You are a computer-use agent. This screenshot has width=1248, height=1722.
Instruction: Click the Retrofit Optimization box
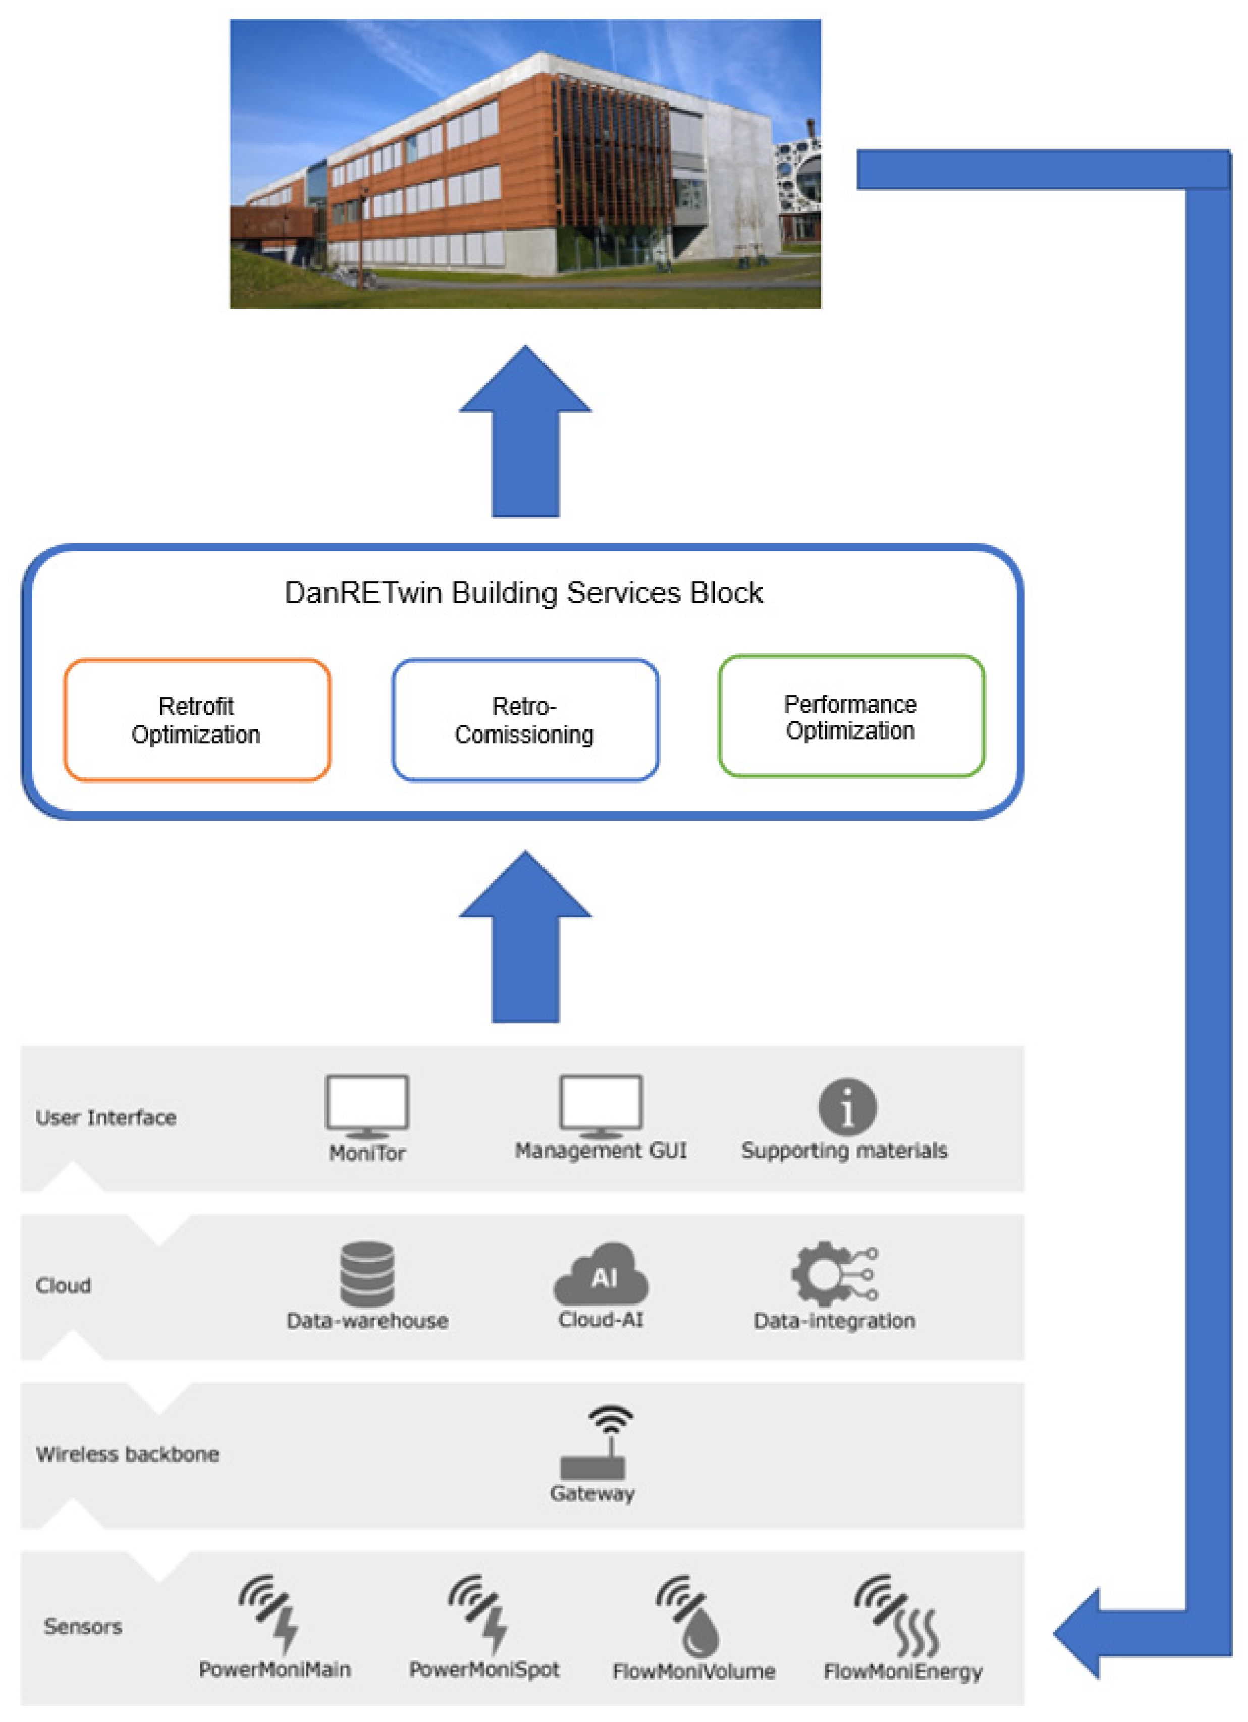pyautogui.click(x=197, y=720)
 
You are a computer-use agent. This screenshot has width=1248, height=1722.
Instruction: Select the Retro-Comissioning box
pyautogui.click(x=524, y=720)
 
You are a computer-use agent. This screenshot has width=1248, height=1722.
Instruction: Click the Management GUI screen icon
pyautogui.click(x=601, y=1103)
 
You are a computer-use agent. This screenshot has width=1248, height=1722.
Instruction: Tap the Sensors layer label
pyautogui.click(x=83, y=1627)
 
